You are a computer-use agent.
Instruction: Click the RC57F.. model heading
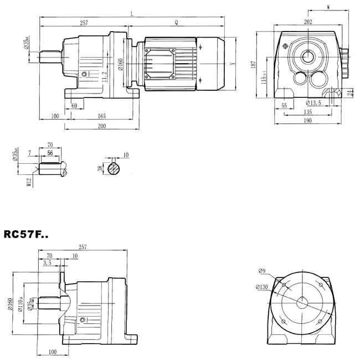click(x=26, y=234)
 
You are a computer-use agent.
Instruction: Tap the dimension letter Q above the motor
click(x=176, y=23)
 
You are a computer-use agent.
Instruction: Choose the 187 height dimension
click(x=253, y=65)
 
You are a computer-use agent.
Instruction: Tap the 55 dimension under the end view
click(x=284, y=104)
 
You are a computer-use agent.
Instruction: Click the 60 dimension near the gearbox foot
click(x=74, y=105)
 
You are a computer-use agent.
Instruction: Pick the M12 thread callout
click(x=28, y=183)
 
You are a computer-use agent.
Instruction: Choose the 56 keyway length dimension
click(x=50, y=153)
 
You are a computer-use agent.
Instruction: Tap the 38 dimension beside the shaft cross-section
click(x=100, y=169)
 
